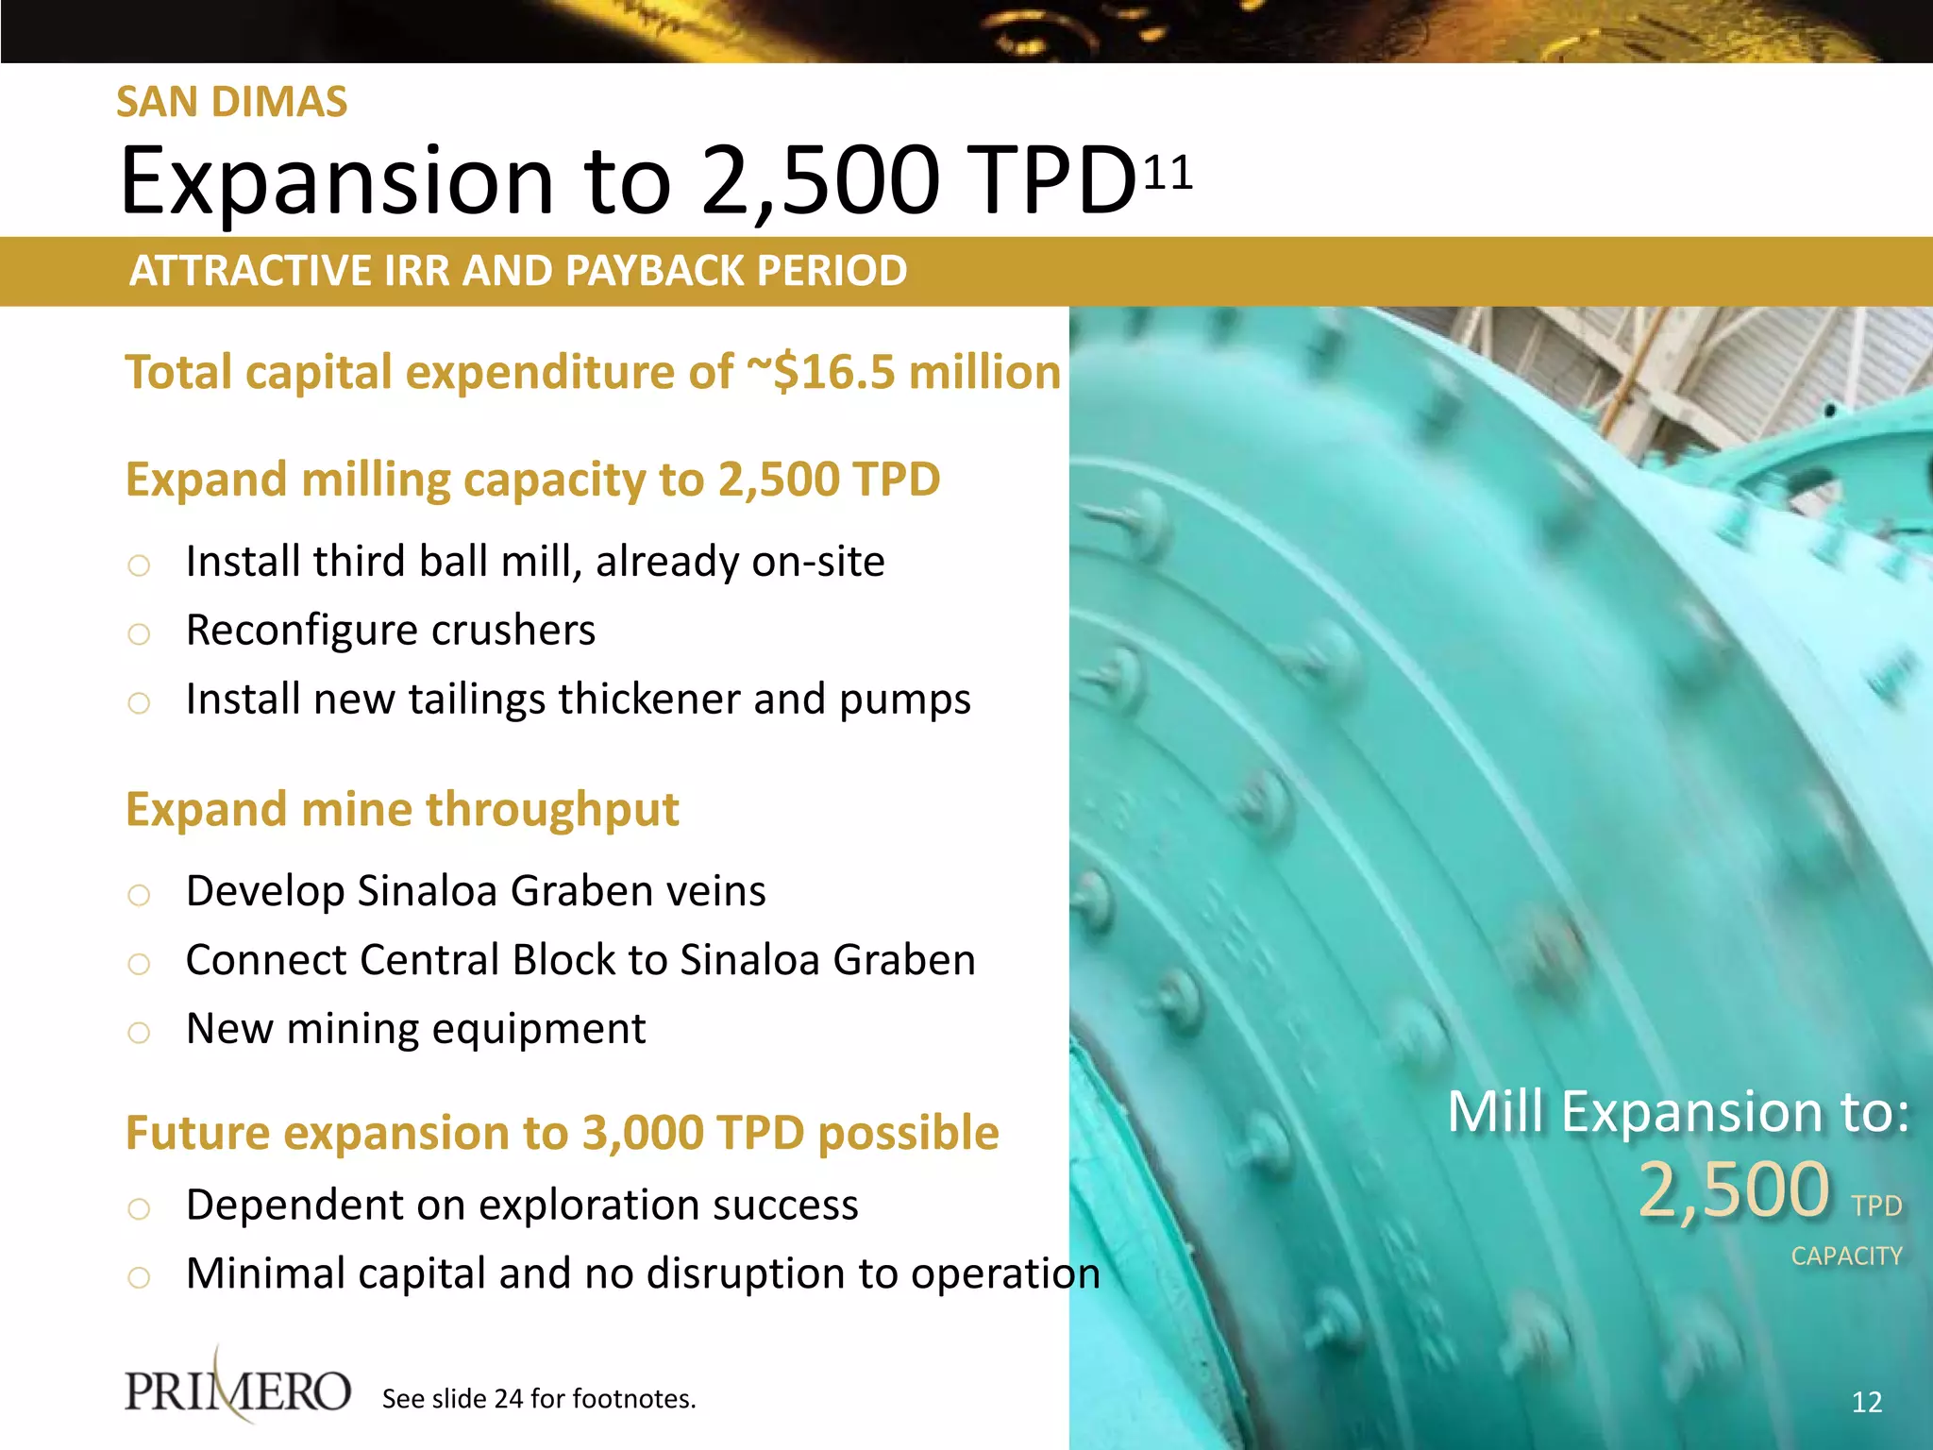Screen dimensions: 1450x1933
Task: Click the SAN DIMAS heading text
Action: pyautogui.click(x=231, y=102)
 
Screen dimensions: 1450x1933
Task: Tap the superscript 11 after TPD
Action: pyautogui.click(x=1168, y=173)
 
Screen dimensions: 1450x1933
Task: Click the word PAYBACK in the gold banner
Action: pyautogui.click(x=646, y=271)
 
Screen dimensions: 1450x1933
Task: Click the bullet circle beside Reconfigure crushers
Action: pyautogui.click(x=139, y=633)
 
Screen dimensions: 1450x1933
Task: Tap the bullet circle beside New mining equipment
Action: pyautogui.click(x=139, y=1032)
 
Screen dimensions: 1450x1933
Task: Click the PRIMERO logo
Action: pyautogui.click(x=238, y=1390)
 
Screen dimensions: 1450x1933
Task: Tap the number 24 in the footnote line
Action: pyautogui.click(x=508, y=1399)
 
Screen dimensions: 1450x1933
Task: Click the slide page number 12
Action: pyautogui.click(x=1866, y=1402)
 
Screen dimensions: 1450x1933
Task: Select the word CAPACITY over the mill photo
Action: pyautogui.click(x=1846, y=1256)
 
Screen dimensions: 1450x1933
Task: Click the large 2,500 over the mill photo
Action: pyautogui.click(x=1734, y=1189)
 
